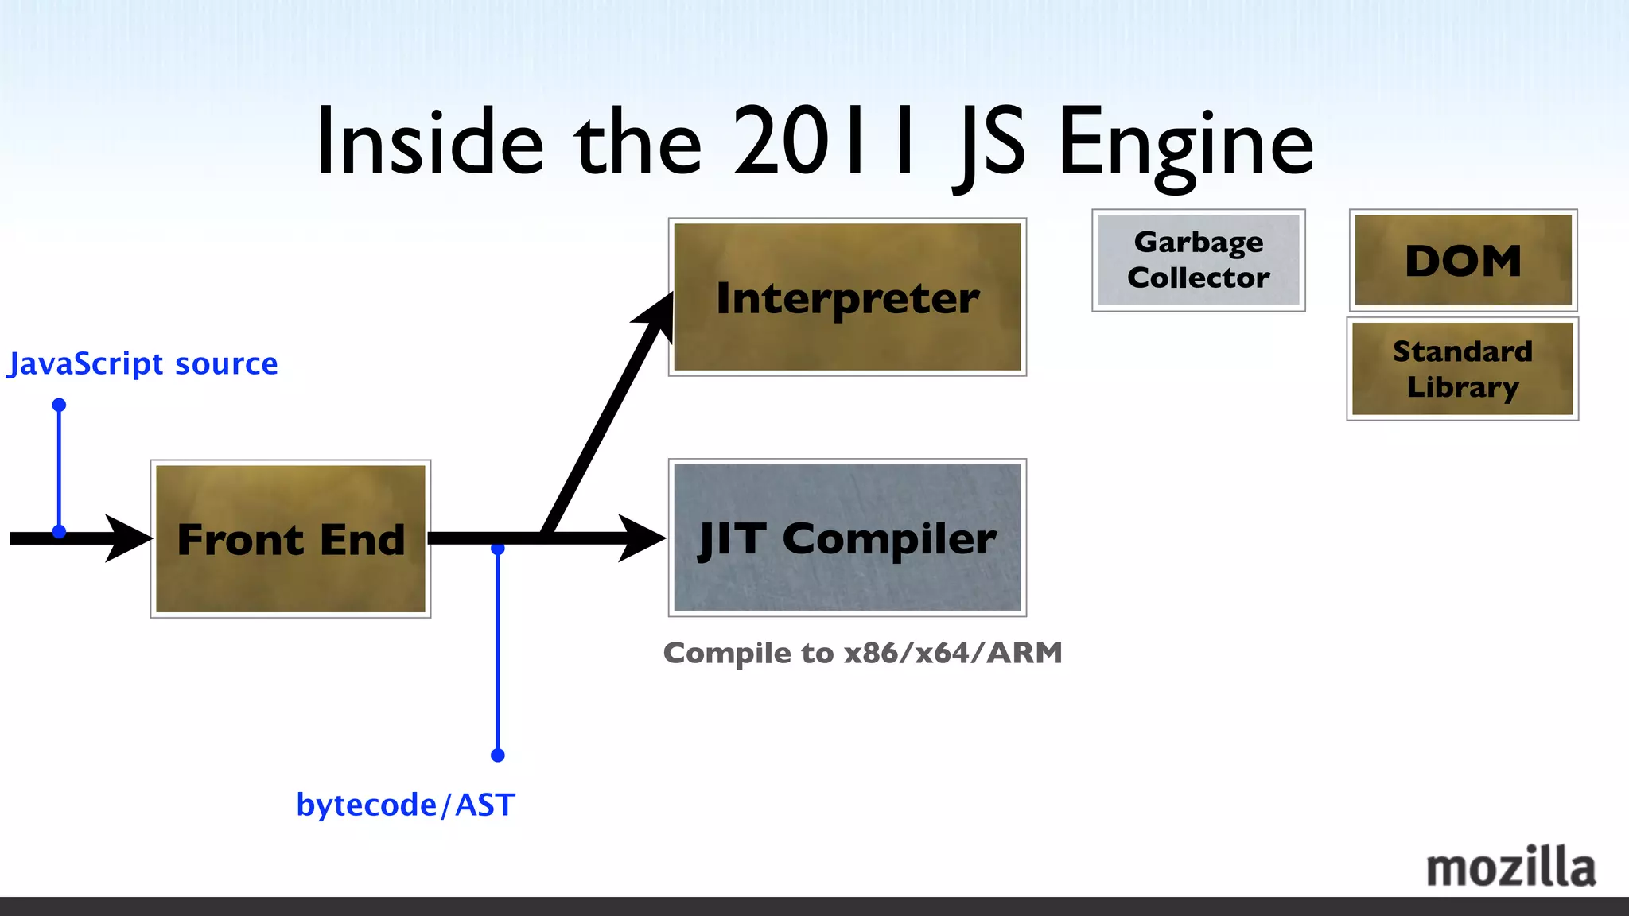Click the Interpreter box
tap(847, 297)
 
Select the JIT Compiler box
tap(847, 538)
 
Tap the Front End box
tap(290, 539)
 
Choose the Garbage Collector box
tap(1198, 260)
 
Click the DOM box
tap(1463, 260)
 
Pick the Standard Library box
tap(1462, 369)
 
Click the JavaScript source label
tap(143, 363)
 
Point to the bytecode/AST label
tap(406, 805)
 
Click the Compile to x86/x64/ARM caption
tap(862, 653)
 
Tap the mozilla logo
tap(1510, 867)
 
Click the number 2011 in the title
tap(824, 143)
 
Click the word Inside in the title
tap(430, 143)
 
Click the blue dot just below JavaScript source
tap(59, 405)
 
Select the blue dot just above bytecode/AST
tap(498, 755)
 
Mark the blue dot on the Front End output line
tap(498, 549)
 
